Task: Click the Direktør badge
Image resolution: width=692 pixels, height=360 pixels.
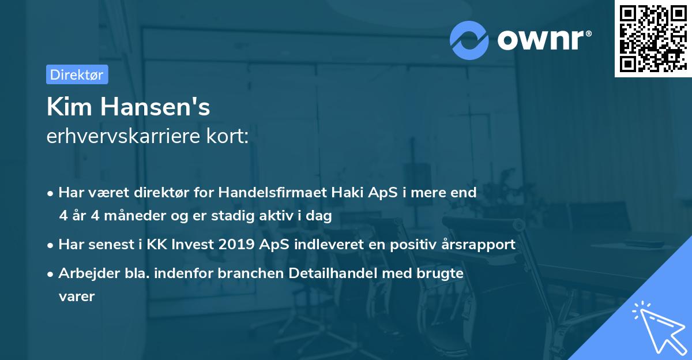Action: coord(77,74)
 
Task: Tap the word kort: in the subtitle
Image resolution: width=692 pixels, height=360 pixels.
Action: coord(230,137)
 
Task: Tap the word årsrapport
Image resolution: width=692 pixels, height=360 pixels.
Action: coord(476,245)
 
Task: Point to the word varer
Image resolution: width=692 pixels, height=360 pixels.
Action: coord(76,297)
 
